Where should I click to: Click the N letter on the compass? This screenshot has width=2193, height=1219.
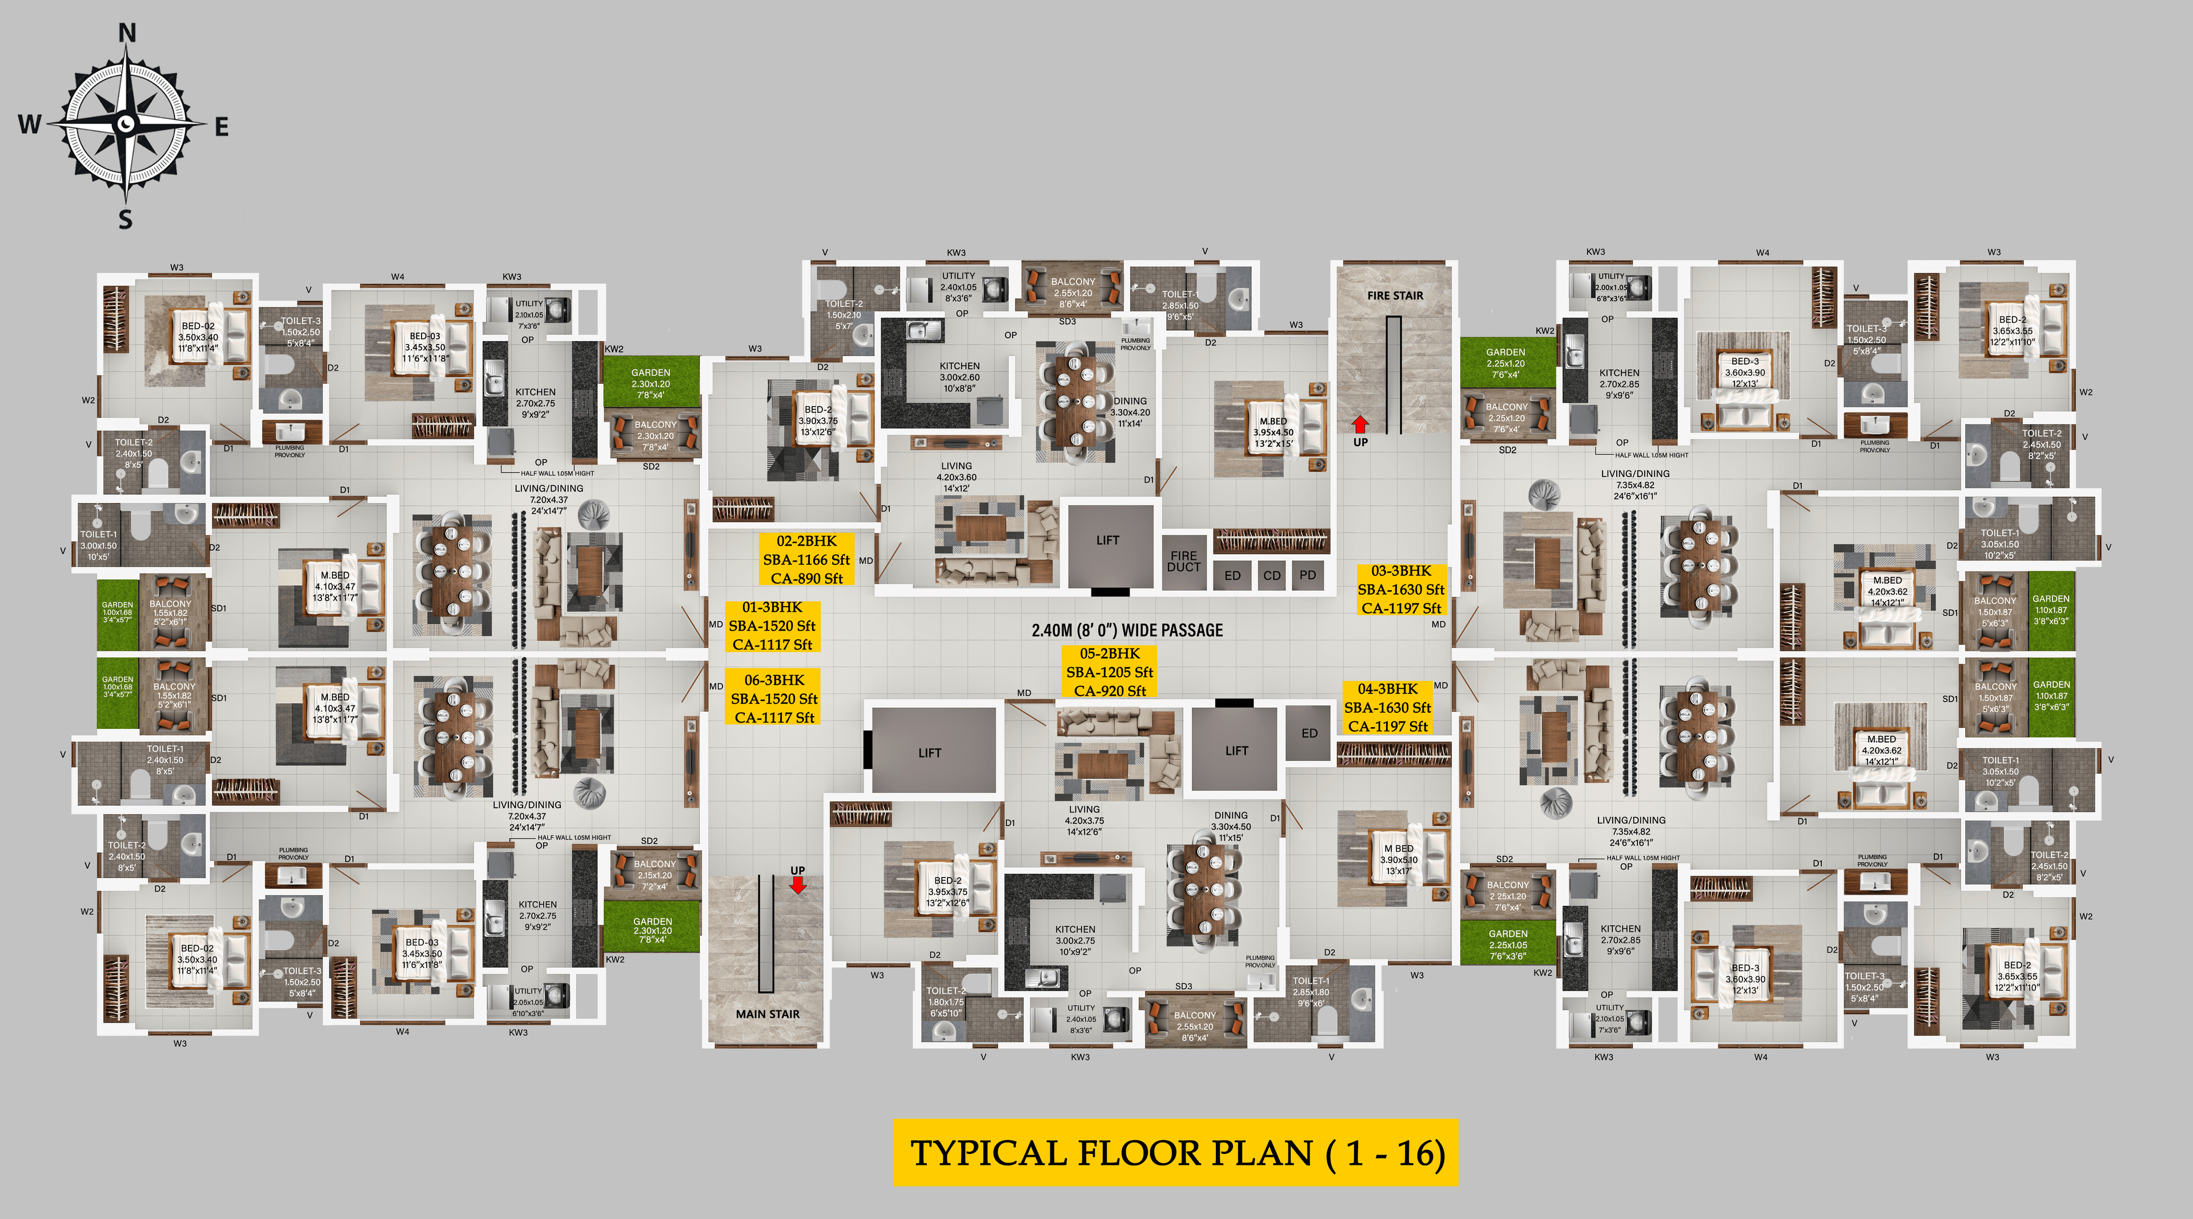pos(127,33)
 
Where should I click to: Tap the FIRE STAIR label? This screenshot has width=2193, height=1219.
pos(1395,295)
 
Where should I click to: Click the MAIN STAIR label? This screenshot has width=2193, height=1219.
pos(767,1014)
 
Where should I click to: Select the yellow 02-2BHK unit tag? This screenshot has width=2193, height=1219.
pos(806,559)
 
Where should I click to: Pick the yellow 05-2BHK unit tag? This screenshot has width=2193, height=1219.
pos(1109,672)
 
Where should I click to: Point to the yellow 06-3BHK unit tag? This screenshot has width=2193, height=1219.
pos(774,698)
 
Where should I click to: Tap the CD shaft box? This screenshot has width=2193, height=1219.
pos(1271,575)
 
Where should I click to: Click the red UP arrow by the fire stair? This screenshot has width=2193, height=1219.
pos(1360,424)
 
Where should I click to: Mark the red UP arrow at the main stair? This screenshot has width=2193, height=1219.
pos(798,885)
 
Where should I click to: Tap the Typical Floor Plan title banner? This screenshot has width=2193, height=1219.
pos(1176,1153)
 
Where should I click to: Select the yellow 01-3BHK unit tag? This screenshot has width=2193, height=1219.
pos(772,625)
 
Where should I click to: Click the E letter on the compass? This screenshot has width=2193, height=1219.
pos(222,127)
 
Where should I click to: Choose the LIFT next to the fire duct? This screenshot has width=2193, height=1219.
pos(1107,540)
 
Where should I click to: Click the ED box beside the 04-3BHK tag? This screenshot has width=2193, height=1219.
pos(1308,733)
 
